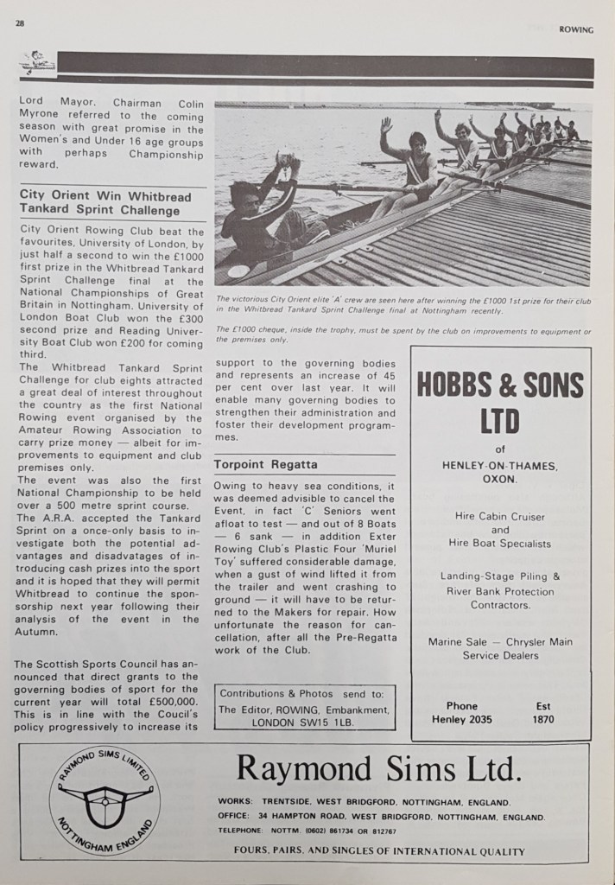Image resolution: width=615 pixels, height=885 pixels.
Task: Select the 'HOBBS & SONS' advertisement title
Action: pos(500,385)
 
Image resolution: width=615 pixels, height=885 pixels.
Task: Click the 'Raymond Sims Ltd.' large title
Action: pos(379,767)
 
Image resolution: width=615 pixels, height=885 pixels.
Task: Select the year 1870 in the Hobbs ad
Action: pos(543,718)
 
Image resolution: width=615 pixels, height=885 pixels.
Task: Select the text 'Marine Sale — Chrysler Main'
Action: pos(500,641)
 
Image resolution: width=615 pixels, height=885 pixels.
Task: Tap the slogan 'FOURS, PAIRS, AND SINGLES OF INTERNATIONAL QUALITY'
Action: pos(378,851)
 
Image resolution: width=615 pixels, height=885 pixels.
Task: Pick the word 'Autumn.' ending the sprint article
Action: pos(41,632)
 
